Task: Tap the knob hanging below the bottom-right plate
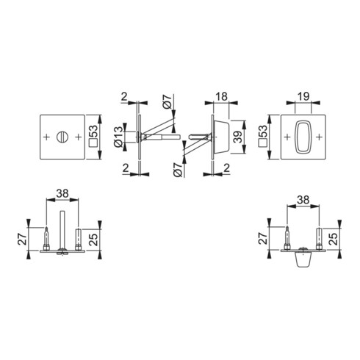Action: tap(302, 261)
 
